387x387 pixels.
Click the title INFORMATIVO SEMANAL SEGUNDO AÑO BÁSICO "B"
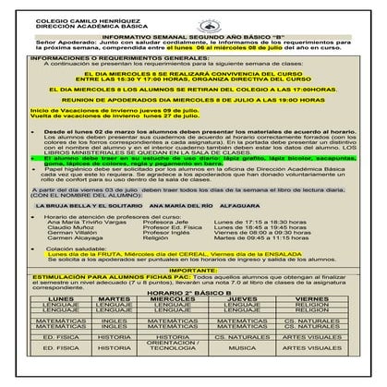tap(193, 37)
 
